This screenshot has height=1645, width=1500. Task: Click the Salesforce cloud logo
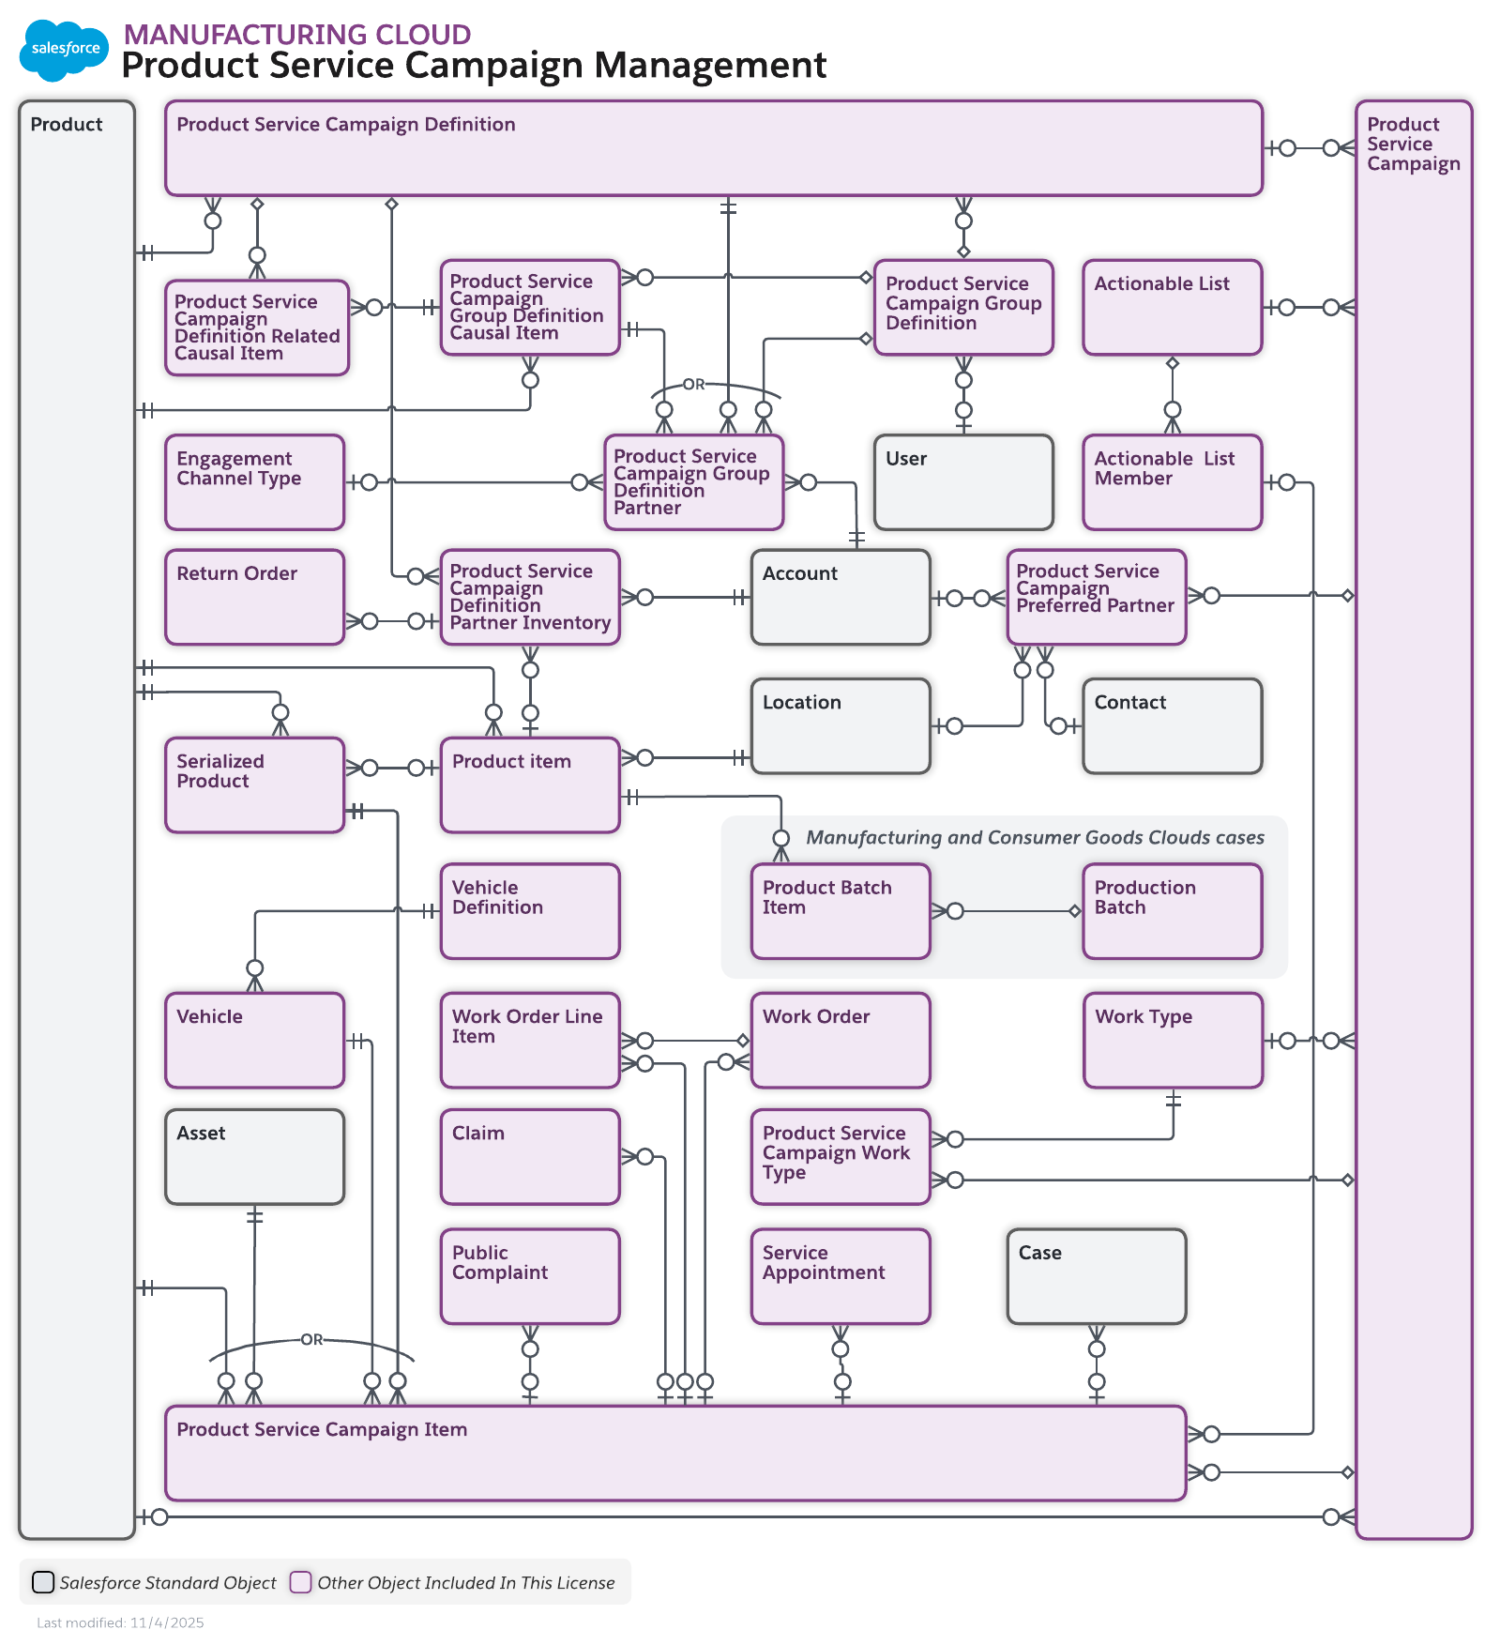tap(64, 50)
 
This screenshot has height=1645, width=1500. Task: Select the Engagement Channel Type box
tap(254, 482)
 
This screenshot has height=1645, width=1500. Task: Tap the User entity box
tap(962, 482)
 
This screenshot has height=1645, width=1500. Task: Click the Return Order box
tap(254, 597)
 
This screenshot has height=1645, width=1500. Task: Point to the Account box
tap(840, 597)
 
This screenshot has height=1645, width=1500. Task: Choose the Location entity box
tap(840, 726)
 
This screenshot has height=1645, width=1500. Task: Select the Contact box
tap(1172, 726)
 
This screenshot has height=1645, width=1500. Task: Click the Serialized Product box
tap(254, 784)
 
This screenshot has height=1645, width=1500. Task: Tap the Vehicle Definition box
tap(529, 911)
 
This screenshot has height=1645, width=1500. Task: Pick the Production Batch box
tap(1172, 911)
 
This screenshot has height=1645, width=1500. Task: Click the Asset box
tap(254, 1157)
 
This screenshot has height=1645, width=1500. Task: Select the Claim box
tap(529, 1157)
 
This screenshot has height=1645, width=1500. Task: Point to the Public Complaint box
tap(529, 1276)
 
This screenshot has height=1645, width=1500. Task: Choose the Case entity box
tap(1096, 1276)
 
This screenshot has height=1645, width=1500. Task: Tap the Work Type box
tap(1172, 1041)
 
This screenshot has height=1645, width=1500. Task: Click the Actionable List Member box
tap(1172, 482)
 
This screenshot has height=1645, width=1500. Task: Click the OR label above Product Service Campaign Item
tap(311, 1339)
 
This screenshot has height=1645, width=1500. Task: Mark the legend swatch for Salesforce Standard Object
tap(43, 1582)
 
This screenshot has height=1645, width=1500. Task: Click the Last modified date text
tap(120, 1622)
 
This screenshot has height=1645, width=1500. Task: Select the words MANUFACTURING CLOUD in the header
tap(296, 34)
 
